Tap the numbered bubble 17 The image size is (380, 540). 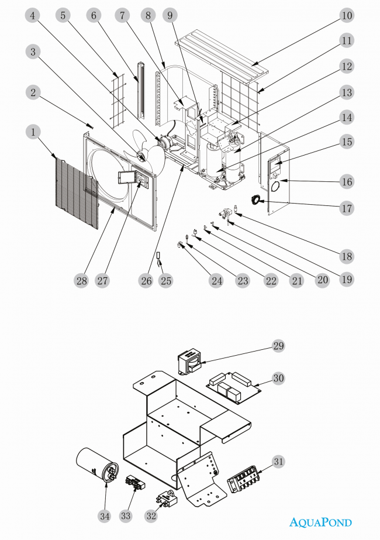click(347, 208)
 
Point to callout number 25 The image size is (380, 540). click(167, 281)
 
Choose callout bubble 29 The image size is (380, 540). click(278, 346)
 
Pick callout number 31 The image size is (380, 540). click(278, 462)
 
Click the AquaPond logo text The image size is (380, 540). click(321, 522)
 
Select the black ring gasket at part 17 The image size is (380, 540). click(258, 200)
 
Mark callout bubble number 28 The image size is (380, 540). click(81, 281)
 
